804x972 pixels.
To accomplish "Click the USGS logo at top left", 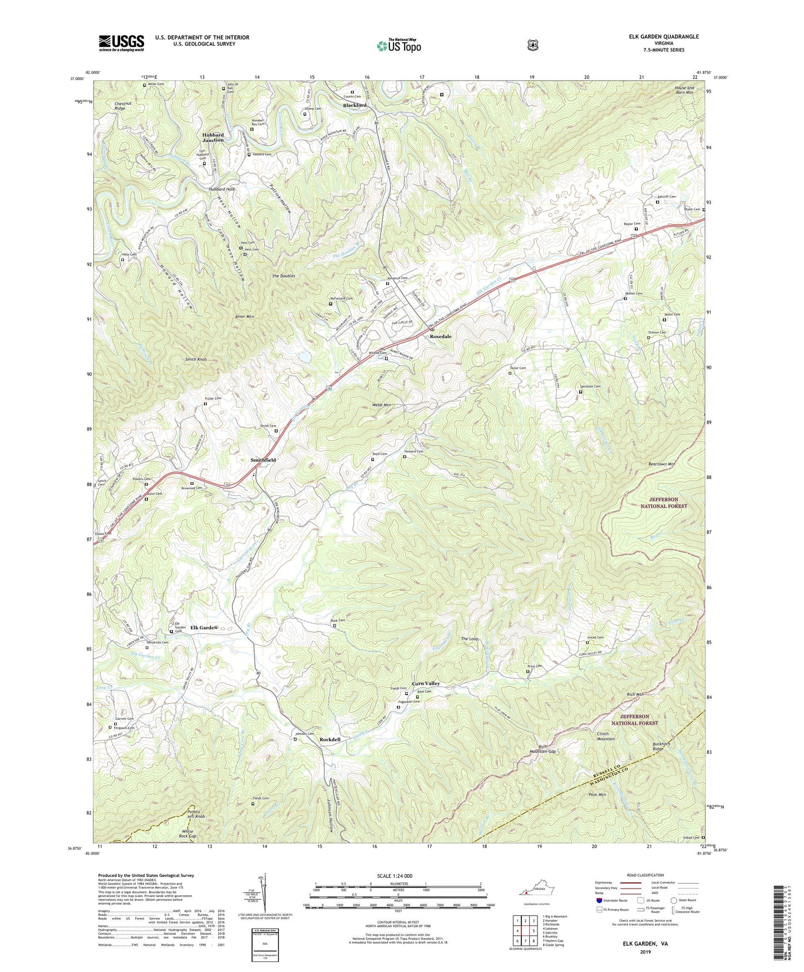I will [121, 43].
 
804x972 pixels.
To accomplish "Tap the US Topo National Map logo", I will [398, 45].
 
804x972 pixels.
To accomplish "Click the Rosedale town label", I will [440, 337].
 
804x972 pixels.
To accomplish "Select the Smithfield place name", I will [263, 460].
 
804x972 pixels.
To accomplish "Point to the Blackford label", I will [354, 105].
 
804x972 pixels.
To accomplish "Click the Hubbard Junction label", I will [213, 138].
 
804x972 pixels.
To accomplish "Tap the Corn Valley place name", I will [426, 683].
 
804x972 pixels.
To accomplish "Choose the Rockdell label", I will [330, 739].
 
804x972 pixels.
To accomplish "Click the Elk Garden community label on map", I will [204, 627].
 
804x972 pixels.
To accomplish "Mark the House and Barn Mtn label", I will [684, 90].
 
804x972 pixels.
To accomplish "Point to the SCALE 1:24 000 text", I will [394, 876].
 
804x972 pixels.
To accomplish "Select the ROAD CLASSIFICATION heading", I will [645, 875].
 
